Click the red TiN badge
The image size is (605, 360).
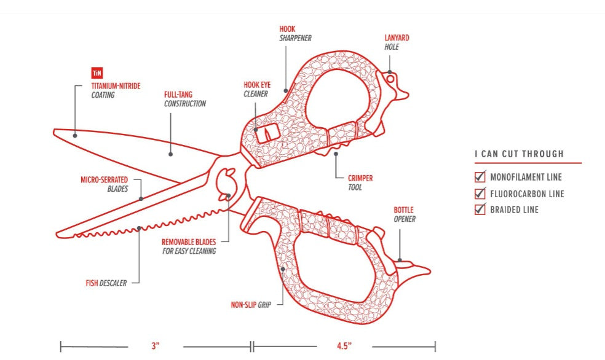point(95,72)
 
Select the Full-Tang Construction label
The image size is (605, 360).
point(184,100)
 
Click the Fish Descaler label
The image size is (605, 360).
point(106,283)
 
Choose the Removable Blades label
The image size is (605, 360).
point(189,246)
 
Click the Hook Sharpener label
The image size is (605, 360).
point(295,33)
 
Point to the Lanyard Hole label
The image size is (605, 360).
point(397,42)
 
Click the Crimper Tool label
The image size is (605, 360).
point(360,182)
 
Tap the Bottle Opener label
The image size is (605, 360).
point(405,214)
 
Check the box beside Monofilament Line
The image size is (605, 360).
point(480,177)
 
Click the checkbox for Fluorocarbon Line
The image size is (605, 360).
point(480,194)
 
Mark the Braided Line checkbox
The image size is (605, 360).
point(480,209)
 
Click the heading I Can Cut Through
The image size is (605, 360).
point(519,154)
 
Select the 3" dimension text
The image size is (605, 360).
point(156,346)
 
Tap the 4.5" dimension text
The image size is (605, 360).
point(344,346)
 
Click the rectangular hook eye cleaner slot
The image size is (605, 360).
point(266,133)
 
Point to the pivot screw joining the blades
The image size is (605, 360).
point(228,197)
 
